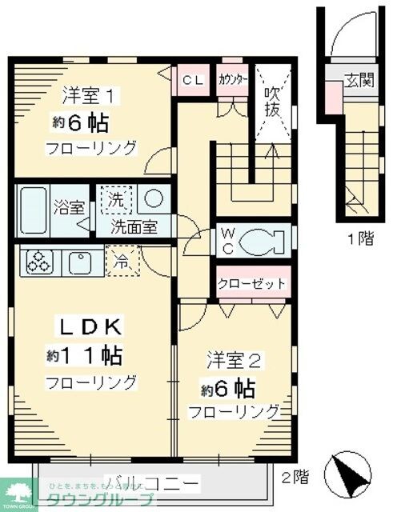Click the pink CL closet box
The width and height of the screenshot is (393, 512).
(x=192, y=80)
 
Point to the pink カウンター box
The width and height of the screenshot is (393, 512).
(x=232, y=80)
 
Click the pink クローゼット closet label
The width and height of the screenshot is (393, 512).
(x=251, y=284)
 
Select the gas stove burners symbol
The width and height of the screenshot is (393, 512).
(x=38, y=261)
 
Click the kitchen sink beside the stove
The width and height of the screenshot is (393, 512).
(x=81, y=261)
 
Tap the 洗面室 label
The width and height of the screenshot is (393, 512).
(x=134, y=226)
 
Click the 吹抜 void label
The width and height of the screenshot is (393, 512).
(x=272, y=101)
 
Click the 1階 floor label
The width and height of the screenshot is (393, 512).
(x=360, y=238)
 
